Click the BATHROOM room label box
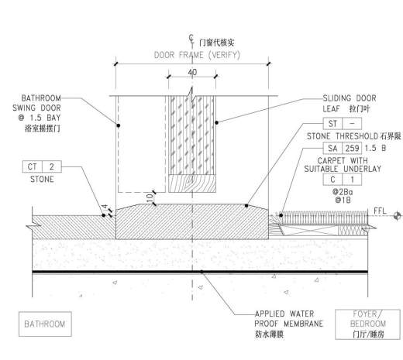click(45, 324)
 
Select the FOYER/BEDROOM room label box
click(367, 324)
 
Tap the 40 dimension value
click(192, 72)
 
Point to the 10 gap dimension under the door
click(150, 198)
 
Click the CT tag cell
click(33, 166)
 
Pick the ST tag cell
click(332, 124)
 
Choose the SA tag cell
click(332, 148)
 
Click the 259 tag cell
click(352, 148)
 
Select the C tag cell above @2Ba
click(332, 180)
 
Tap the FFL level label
click(380, 211)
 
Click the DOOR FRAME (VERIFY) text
click(197, 55)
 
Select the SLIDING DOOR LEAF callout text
click(350, 103)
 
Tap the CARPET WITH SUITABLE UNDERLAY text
click(343, 165)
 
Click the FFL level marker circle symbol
click(398, 216)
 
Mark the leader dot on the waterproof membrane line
click(201, 272)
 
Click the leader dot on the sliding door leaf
click(216, 122)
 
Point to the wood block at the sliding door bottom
click(192, 183)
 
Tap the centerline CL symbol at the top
click(191, 39)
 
